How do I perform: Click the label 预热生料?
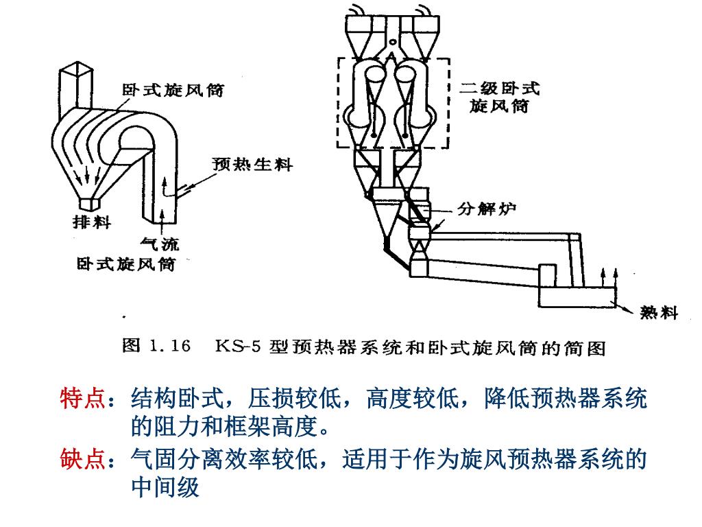(252, 164)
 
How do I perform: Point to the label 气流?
(160, 243)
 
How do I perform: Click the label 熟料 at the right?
(659, 313)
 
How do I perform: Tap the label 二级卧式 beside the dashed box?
(500, 89)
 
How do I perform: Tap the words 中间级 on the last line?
(165, 487)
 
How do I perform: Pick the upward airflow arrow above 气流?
(162, 220)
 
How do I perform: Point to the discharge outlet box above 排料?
(90, 204)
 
